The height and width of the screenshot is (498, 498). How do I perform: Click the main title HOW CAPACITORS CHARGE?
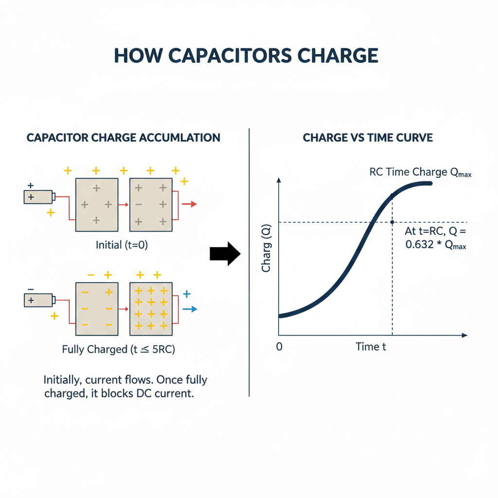click(x=246, y=55)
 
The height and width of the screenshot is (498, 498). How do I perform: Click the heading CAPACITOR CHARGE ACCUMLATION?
click(x=123, y=138)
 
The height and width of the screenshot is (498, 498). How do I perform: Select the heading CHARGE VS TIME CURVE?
click(x=368, y=138)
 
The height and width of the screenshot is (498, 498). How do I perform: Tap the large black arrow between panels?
click(x=225, y=254)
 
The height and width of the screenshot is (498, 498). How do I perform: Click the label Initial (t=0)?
click(x=122, y=245)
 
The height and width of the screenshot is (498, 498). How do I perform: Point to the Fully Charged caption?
click(x=119, y=349)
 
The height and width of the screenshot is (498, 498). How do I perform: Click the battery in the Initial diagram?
click(x=39, y=197)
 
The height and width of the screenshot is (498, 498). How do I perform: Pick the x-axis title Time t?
click(x=371, y=347)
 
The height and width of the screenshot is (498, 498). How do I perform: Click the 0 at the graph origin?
click(x=279, y=347)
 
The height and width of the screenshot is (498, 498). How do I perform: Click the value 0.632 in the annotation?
click(x=419, y=245)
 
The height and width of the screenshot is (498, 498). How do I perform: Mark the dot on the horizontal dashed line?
click(x=392, y=222)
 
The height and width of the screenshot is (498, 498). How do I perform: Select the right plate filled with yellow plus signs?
click(x=151, y=309)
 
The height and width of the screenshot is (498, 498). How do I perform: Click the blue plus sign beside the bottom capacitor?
click(x=187, y=294)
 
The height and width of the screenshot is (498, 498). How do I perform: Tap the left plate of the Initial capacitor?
click(x=96, y=204)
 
